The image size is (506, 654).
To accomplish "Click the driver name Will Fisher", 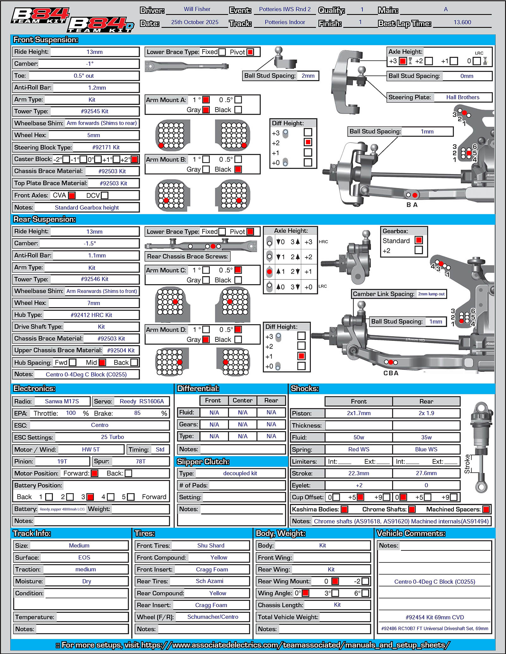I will [x=197, y=9].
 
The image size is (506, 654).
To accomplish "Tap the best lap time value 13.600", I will [x=462, y=22].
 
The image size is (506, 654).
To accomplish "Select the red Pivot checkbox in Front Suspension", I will [x=250, y=52].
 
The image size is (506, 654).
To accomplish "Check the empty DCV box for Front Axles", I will [x=105, y=196].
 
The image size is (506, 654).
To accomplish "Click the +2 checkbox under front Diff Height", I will [x=308, y=142].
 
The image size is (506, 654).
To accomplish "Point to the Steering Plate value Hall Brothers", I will [x=462, y=97].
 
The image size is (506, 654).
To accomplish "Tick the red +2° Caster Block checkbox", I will [x=134, y=160].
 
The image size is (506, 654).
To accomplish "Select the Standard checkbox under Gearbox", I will [x=419, y=240].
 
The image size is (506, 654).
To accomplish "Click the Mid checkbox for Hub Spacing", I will [x=102, y=362].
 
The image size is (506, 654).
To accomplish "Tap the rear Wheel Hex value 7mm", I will [x=94, y=303].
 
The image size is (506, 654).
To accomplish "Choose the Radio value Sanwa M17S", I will [x=62, y=401].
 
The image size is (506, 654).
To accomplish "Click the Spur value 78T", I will [x=141, y=461].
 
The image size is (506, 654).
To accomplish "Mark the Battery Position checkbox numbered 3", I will [x=90, y=497].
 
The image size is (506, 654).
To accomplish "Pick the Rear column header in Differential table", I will [x=271, y=401].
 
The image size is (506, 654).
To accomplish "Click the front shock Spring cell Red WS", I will [x=359, y=449].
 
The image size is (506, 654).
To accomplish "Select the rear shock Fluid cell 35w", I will [x=426, y=437].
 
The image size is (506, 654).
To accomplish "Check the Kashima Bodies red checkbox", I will [x=344, y=509].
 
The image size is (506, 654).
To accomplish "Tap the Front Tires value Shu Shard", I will [x=211, y=546].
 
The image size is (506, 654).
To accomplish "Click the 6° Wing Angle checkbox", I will [x=365, y=593].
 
